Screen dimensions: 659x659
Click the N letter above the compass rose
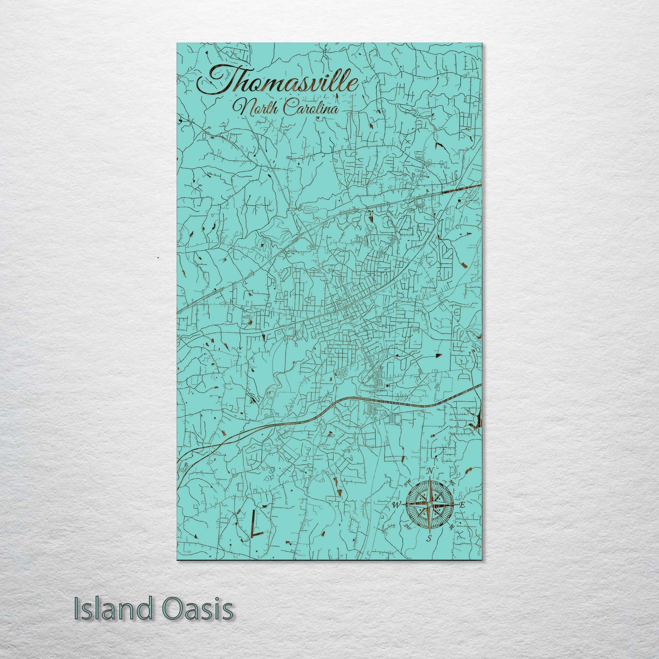coord(430,471)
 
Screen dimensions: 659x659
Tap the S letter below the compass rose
coord(429,539)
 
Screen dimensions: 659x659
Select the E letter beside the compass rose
coord(462,505)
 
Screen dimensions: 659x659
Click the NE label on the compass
coord(452,483)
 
